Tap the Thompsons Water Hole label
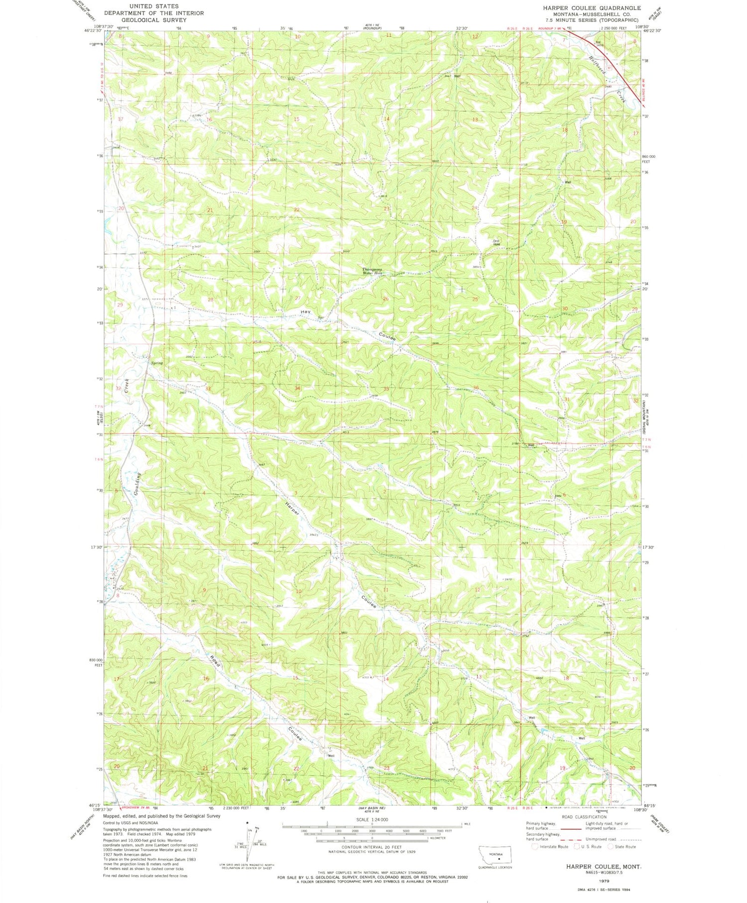pos(372,272)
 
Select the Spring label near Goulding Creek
pos(157,363)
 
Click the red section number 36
pos(476,388)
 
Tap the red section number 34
pos(297,388)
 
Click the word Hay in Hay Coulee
pos(305,311)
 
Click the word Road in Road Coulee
pos(215,660)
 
